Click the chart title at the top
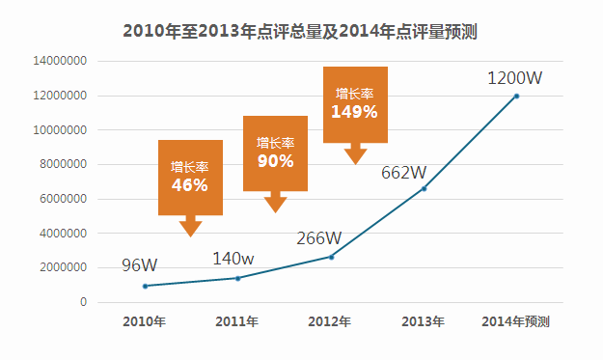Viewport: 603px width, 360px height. [x=300, y=31]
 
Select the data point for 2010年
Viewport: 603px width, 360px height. [x=145, y=286]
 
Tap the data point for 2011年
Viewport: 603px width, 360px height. [x=238, y=278]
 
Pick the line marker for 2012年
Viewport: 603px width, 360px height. [x=332, y=257]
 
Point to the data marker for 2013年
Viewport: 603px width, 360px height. [x=425, y=188]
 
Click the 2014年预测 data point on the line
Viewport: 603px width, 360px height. [x=516, y=97]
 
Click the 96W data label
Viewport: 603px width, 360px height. [x=140, y=265]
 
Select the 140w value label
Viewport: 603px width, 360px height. [x=233, y=259]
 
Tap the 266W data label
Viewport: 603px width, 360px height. [x=318, y=238]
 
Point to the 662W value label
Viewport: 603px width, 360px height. [x=404, y=173]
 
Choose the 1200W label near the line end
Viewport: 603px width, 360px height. [x=515, y=77]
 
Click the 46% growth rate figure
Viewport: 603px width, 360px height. [x=190, y=185]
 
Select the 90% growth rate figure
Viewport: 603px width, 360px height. [x=275, y=161]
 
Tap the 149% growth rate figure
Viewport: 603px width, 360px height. [x=355, y=112]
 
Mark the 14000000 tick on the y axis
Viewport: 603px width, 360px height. [x=60, y=61]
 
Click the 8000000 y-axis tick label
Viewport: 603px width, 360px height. [x=63, y=164]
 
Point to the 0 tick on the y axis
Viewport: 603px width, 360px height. [x=83, y=302]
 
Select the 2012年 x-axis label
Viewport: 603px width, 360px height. [x=330, y=321]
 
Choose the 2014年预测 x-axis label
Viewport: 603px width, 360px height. [x=516, y=321]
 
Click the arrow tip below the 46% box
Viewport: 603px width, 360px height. [x=190, y=236]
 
